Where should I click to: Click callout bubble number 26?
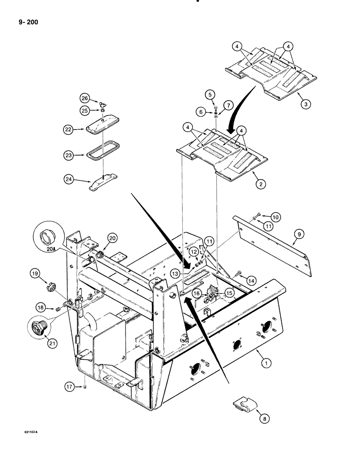tap(84, 98)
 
